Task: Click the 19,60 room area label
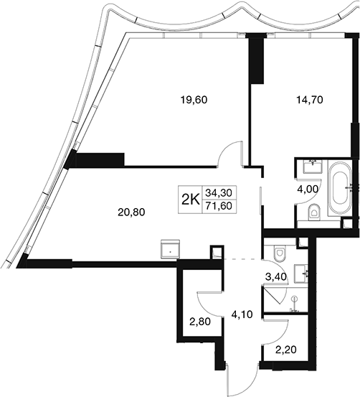pos(194,101)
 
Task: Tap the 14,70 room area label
pos(310,101)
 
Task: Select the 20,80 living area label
pos(131,212)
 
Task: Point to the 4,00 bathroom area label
pos(307,189)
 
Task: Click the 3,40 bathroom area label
pos(276,277)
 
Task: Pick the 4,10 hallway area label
pos(242,314)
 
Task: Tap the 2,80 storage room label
pos(200,322)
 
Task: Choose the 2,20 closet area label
pos(286,350)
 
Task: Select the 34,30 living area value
pos(219,193)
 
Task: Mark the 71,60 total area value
pos(219,206)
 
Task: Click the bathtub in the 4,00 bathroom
pos(340,188)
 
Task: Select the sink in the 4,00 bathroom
pos(313,167)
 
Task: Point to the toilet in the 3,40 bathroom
pos(279,253)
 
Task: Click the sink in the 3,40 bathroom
pos(301,274)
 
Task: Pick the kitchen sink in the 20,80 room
pos(170,249)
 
